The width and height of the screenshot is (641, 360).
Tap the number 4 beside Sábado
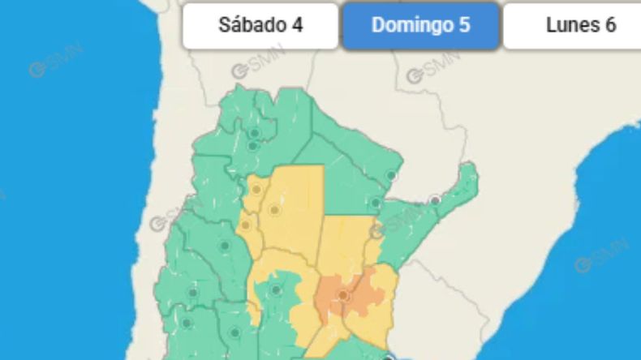297,25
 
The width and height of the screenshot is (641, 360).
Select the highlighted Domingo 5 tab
420,26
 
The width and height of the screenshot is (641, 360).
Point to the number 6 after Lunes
610,25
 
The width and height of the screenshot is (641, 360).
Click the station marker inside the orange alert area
343,295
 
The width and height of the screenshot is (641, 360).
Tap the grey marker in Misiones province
436,200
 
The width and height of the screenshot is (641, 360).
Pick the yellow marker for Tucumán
256,190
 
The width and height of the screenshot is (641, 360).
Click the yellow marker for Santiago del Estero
275,210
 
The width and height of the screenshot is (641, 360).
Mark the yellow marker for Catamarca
245,225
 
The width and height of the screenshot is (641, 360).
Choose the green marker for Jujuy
255,132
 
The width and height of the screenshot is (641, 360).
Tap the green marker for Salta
253,147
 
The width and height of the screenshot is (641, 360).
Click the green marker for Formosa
391,175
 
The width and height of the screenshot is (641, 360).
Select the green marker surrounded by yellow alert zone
276,289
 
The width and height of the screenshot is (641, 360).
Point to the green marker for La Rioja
225,246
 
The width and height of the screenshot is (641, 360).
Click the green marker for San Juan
193,292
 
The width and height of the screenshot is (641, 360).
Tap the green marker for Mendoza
187,323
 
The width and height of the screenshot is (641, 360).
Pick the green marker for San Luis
235,332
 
